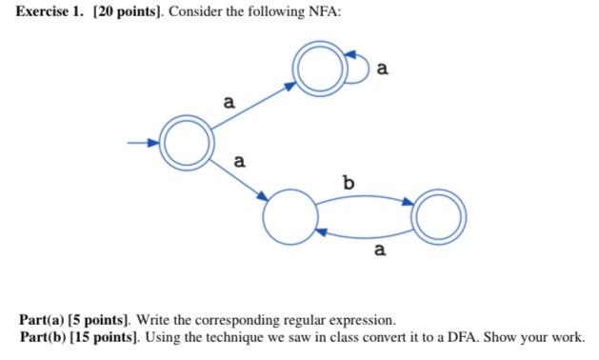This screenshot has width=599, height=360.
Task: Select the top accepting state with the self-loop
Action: tap(315, 69)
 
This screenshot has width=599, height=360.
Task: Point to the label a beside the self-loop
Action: tap(383, 68)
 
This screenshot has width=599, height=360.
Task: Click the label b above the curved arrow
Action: tap(348, 180)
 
